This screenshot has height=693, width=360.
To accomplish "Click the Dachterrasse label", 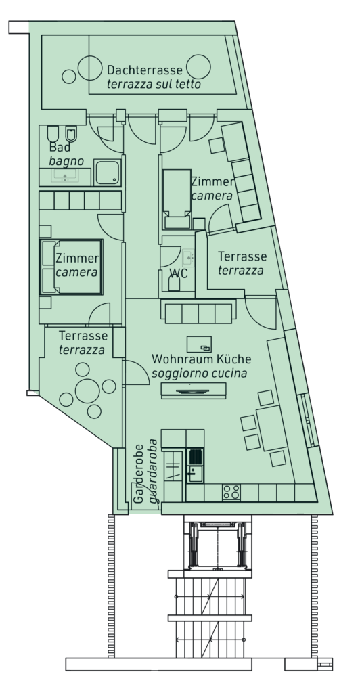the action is [144, 70].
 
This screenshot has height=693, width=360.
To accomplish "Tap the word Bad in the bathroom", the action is [59, 147].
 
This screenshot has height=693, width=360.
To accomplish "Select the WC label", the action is [179, 273].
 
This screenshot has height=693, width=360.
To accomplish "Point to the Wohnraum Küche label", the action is [202, 359].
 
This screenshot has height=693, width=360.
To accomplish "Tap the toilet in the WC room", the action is [174, 283].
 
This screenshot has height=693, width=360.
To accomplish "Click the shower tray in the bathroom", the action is [108, 173].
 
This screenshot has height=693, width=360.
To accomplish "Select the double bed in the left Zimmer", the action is [71, 267].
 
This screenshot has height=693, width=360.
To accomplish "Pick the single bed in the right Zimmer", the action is [177, 199].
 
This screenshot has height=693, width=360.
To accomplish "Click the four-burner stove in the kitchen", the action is [231, 493].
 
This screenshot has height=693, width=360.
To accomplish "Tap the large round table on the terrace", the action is [87, 390].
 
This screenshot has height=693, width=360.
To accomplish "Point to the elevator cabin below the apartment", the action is [217, 545].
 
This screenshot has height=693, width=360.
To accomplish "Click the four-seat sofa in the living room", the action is [198, 312].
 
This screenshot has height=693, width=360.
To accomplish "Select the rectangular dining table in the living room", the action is [272, 428].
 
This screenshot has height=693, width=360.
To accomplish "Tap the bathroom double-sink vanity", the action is [65, 177].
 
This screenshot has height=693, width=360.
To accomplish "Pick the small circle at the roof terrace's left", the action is [69, 76].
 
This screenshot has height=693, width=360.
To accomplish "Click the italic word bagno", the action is [66, 161].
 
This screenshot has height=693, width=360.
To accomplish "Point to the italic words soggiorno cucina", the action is [199, 373].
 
